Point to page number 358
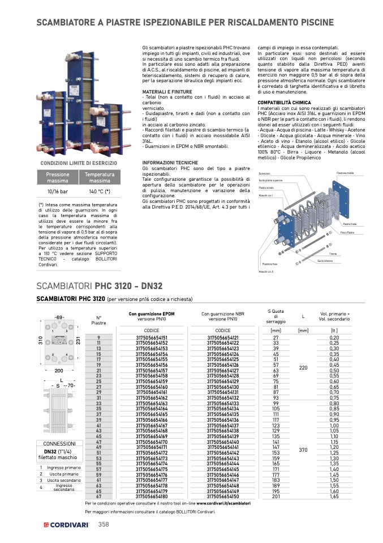(104, 524)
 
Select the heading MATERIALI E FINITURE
(167, 91)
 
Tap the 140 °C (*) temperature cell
(100, 192)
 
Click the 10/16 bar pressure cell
(58, 192)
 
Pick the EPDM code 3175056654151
(152, 337)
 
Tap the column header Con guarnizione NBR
(223, 313)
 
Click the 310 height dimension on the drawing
(41, 341)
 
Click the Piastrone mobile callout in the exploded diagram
(345, 173)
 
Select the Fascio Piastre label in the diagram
(347, 232)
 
